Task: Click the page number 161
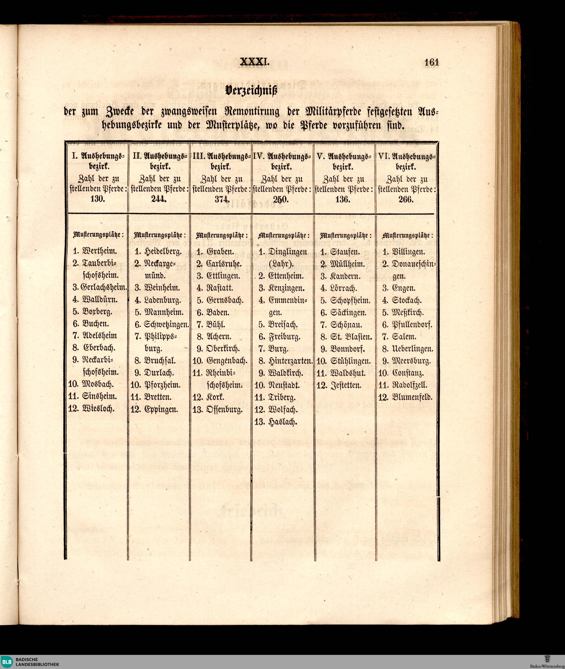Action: (x=431, y=62)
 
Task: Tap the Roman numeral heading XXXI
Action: (x=255, y=62)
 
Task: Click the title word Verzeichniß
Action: (x=251, y=91)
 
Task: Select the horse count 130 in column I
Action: (x=97, y=199)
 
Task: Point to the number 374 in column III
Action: (x=222, y=199)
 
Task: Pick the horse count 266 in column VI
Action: (x=406, y=199)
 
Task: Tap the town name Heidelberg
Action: (x=163, y=252)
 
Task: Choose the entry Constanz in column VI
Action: (x=407, y=373)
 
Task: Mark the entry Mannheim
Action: (x=164, y=312)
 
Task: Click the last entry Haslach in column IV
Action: (x=283, y=422)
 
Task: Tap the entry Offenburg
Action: (x=225, y=410)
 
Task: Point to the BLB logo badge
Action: (x=7, y=661)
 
